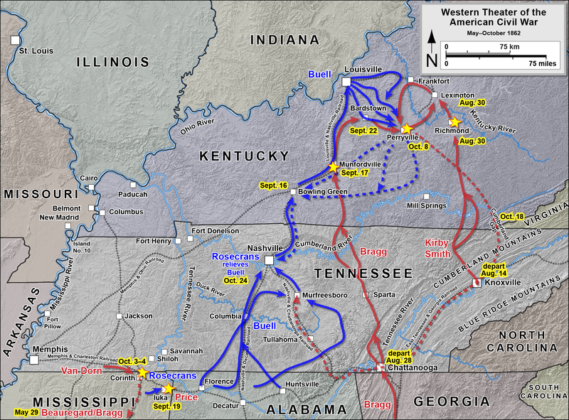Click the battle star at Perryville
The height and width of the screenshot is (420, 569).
click(407, 129)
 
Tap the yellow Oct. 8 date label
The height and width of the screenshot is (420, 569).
click(418, 146)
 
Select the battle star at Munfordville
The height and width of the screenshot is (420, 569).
click(333, 167)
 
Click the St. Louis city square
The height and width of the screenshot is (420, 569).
click(14, 41)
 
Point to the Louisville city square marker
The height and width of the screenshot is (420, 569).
click(346, 82)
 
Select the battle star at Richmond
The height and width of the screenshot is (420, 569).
click(456, 122)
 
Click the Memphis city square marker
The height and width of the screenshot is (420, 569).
click(34, 360)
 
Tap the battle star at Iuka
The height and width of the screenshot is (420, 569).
click(169, 389)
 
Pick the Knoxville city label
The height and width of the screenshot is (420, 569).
click(502, 283)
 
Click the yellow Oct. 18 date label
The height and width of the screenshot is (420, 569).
click(511, 216)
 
